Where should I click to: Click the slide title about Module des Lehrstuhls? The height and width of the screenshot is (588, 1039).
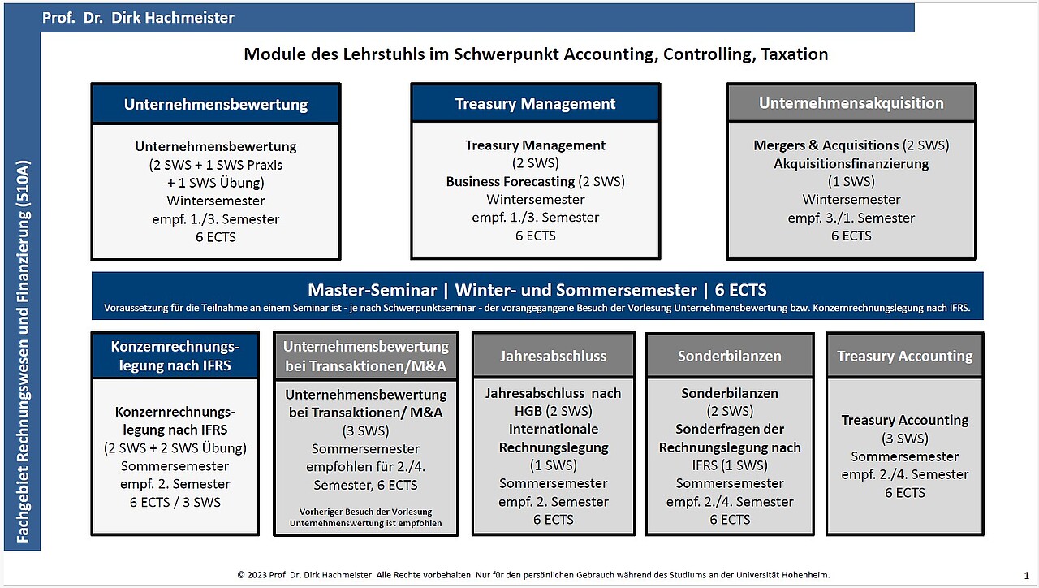(536, 54)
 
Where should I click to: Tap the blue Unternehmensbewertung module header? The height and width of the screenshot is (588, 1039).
(216, 104)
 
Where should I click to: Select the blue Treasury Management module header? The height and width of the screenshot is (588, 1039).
(535, 104)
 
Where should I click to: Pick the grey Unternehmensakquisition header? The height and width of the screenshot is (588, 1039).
(851, 103)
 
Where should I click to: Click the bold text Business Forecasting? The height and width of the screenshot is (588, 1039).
(510, 181)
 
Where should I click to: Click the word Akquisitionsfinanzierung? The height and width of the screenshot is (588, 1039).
(851, 163)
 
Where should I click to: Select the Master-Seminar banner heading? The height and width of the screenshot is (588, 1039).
(537, 290)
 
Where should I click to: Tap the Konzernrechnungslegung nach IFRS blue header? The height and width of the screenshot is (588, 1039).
(175, 356)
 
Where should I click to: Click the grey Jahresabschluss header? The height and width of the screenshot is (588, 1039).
(553, 356)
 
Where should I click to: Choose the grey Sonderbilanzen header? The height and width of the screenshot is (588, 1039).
(729, 356)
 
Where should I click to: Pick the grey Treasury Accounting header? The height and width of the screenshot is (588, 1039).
(904, 356)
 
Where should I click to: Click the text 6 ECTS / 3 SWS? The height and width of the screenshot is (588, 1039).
(175, 502)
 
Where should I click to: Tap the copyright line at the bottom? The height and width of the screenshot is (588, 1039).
(533, 574)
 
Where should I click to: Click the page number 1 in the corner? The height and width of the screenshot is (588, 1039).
(1026, 575)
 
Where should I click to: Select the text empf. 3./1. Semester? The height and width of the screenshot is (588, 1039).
(851, 218)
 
